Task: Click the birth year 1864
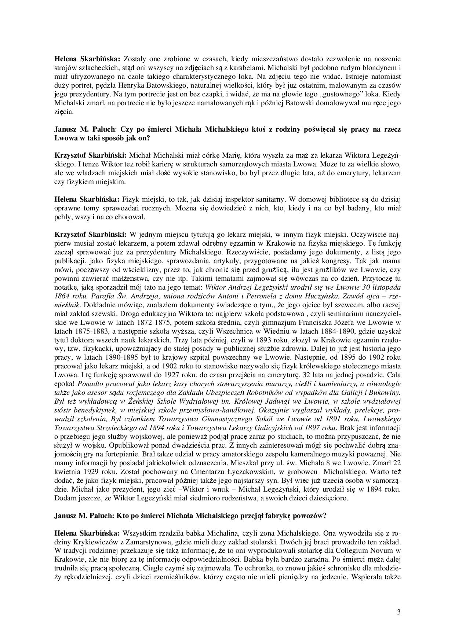pyautogui.click(x=62, y=296)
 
